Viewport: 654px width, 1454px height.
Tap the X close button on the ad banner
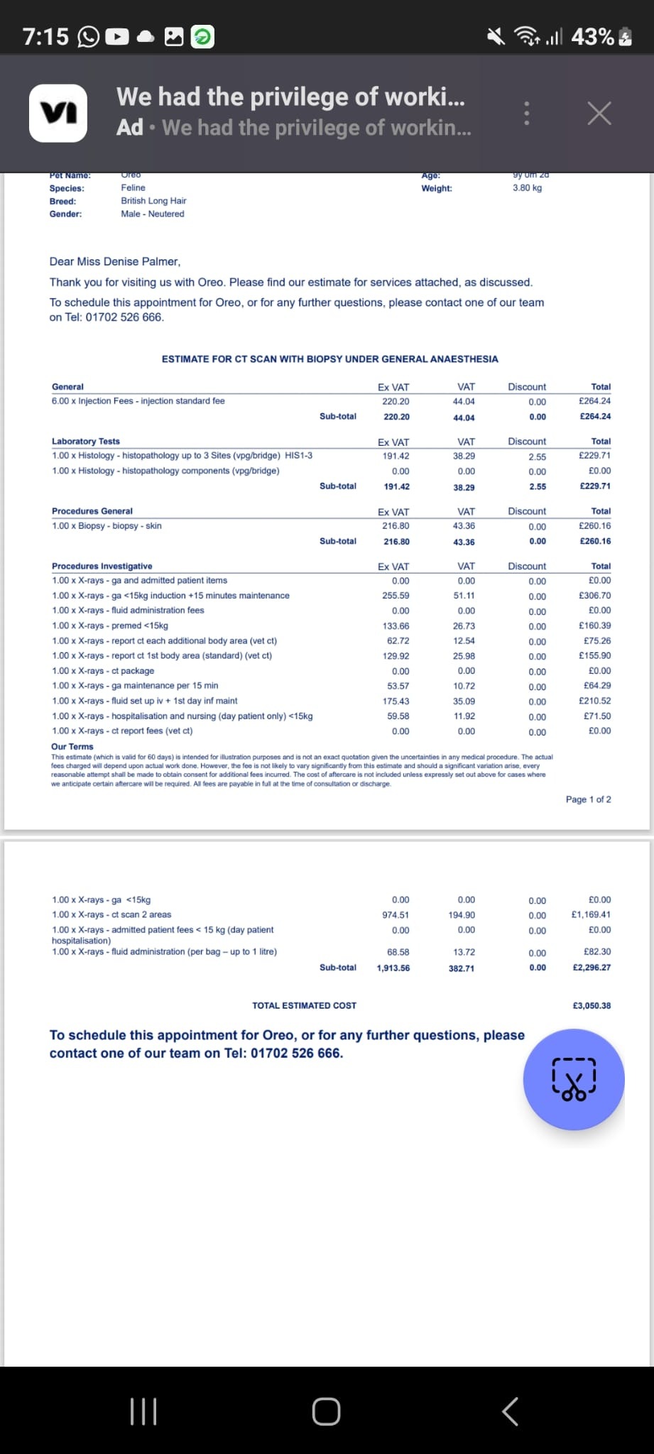click(599, 113)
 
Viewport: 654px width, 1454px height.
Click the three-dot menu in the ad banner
click(526, 114)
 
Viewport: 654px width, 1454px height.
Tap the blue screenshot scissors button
click(574, 1079)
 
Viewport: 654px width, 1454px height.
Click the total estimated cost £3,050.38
click(591, 1005)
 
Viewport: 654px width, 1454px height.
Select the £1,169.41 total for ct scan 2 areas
click(591, 914)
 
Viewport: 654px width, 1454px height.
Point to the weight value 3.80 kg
click(527, 188)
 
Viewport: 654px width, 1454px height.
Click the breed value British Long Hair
click(153, 201)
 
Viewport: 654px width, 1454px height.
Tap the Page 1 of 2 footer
click(588, 799)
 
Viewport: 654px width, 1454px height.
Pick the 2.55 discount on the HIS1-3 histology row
click(537, 457)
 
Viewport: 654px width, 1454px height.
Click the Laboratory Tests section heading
click(86, 441)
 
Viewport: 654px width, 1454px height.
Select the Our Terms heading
click(72, 746)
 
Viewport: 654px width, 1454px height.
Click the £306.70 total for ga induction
click(594, 596)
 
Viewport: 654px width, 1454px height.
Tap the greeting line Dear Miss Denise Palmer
click(115, 261)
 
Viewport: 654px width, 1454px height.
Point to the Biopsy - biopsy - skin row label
click(107, 526)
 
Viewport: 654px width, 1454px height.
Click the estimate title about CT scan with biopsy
click(329, 359)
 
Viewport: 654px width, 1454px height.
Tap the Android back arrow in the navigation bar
click(510, 1411)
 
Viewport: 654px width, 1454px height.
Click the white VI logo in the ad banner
click(58, 114)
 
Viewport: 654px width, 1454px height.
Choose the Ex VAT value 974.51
click(396, 915)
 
